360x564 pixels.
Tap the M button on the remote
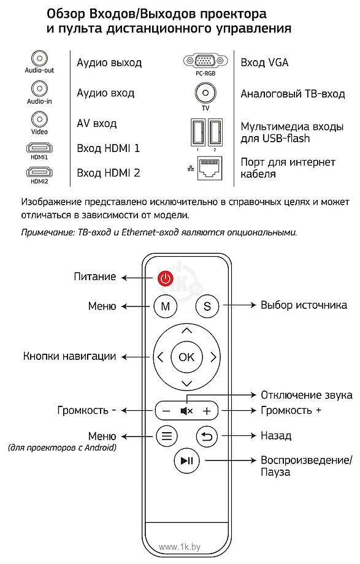pyautogui.click(x=165, y=307)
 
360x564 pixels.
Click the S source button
pyautogui.click(x=207, y=307)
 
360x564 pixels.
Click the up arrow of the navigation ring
pyautogui.click(x=186, y=330)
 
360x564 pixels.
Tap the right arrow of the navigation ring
pyautogui.click(x=213, y=357)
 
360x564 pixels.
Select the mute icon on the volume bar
pyautogui.click(x=186, y=411)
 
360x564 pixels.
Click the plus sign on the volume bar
pyautogui.click(x=207, y=411)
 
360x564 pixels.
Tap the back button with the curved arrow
pyautogui.click(x=207, y=436)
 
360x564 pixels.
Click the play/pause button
pyautogui.click(x=186, y=460)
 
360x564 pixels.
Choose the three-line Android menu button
pyautogui.click(x=166, y=436)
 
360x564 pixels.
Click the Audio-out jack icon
pyautogui.click(x=40, y=58)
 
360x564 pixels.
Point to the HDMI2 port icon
pyautogui.click(x=39, y=172)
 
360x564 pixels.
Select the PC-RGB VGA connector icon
pyautogui.click(x=205, y=61)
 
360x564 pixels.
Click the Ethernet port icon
pyautogui.click(x=210, y=168)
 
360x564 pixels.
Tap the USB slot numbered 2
pyautogui.click(x=215, y=132)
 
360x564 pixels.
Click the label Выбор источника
pyautogui.click(x=304, y=305)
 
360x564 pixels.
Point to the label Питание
pyautogui.click(x=95, y=276)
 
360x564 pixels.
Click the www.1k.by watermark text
pyautogui.click(x=179, y=547)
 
